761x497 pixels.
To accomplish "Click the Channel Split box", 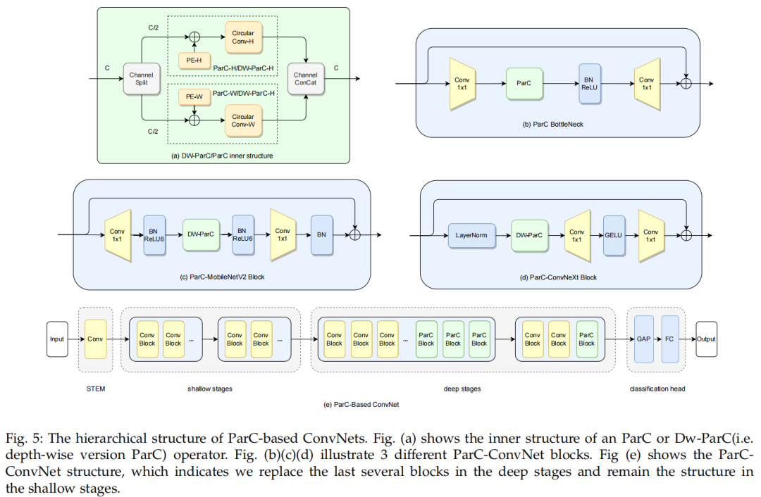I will (141, 79).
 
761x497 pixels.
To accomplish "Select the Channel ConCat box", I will (305, 79).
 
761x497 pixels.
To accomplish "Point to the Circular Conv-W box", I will (243, 120).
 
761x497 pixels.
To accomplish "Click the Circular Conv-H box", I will (243, 37).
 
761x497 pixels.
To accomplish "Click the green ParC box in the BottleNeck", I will (524, 83).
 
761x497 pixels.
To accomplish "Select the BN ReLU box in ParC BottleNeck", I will (590, 83).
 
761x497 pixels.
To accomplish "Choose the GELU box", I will (612, 235).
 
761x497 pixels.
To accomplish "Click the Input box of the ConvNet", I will (57, 339).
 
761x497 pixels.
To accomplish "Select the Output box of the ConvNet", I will (705, 339).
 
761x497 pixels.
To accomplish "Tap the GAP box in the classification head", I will (643, 339).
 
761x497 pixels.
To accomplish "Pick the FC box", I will (670, 339).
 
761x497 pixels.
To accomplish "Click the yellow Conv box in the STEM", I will (95, 339).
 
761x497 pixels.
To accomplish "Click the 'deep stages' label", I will (462, 389).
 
